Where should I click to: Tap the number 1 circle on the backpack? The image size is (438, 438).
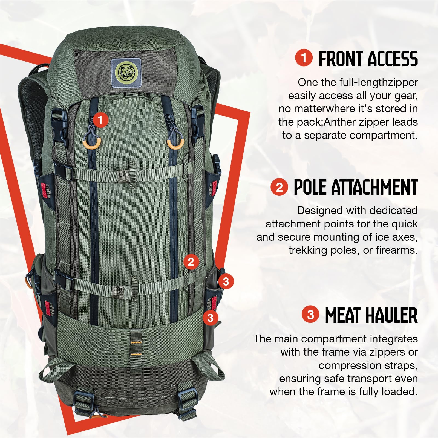coord(100,120)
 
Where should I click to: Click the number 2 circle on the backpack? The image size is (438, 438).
coord(191,262)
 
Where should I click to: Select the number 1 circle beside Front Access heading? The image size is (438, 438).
coord(304,58)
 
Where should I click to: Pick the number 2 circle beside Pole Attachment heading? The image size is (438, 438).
coord(279,188)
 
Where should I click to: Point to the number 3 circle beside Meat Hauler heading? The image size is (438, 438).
coord(310,315)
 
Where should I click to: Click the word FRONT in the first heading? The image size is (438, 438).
coord(340,59)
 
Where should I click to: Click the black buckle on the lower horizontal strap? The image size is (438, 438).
coord(63,279)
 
